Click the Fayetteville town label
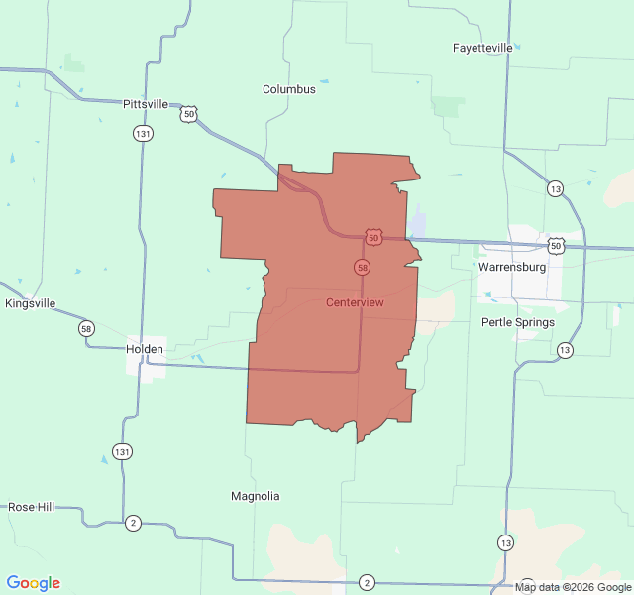tap(482, 48)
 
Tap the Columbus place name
tap(289, 89)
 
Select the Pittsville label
tap(146, 104)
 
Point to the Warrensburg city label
tap(511, 268)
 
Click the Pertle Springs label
tap(518, 322)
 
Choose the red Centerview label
tap(355, 302)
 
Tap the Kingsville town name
tap(30, 303)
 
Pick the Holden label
tap(146, 349)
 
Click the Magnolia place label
tap(256, 496)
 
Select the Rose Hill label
tap(32, 507)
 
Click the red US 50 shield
tap(372, 237)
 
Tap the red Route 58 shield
tap(363, 268)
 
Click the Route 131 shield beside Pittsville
tap(144, 133)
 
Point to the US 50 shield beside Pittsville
tap(188, 114)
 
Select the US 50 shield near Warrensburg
tap(556, 245)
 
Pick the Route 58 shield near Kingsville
tap(87, 328)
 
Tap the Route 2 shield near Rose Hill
tap(133, 523)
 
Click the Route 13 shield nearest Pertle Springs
tap(564, 350)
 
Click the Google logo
tap(33, 583)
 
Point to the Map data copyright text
tap(573, 587)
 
